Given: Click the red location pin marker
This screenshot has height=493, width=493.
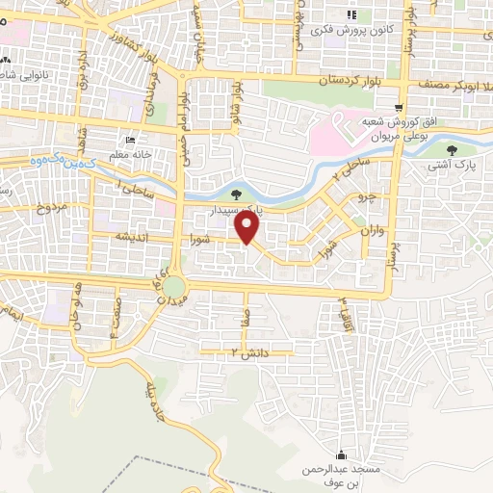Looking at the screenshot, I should pyautogui.click(x=248, y=228).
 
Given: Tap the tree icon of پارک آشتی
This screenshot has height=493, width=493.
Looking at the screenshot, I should pyautogui.click(x=452, y=149).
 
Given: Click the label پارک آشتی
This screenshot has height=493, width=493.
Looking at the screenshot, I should pyautogui.click(x=452, y=166).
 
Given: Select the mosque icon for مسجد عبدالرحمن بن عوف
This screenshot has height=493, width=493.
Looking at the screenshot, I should pyautogui.click(x=340, y=454).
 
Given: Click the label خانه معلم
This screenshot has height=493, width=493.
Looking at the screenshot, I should pyautogui.click(x=132, y=154).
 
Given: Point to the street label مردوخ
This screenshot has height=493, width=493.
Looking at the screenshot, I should pyautogui.click(x=53, y=207).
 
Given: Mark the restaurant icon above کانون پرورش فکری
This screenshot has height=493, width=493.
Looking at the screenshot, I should pyautogui.click(x=351, y=14).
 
